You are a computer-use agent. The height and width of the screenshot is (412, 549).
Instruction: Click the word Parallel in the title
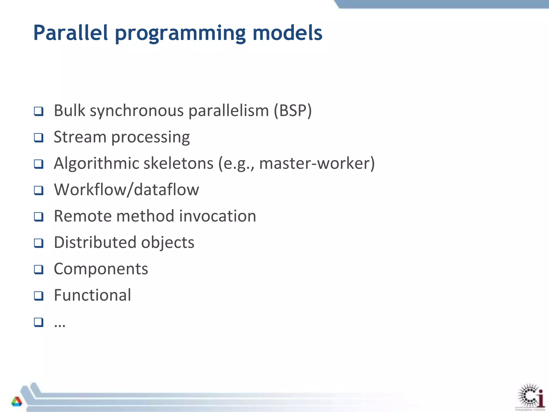coord(71,33)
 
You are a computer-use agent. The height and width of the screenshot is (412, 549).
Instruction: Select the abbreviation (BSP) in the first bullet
coord(293,111)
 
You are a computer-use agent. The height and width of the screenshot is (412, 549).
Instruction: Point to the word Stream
coord(80,137)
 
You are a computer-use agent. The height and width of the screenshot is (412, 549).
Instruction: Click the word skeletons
coord(178,163)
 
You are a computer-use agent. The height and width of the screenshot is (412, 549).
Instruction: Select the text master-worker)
coord(317,163)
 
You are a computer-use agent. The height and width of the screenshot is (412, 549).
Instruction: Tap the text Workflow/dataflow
coord(127,190)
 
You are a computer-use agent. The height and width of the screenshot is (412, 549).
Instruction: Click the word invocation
coord(217,216)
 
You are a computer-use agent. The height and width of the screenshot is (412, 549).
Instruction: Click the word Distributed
coord(95,242)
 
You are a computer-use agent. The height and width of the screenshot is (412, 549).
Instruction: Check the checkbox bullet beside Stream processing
coord(39,138)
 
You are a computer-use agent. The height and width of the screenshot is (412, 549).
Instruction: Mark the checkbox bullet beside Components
coord(39,269)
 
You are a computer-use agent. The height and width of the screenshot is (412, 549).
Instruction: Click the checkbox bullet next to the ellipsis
coord(39,322)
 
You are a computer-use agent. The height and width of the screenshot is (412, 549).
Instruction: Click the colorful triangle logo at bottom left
coord(17,401)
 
